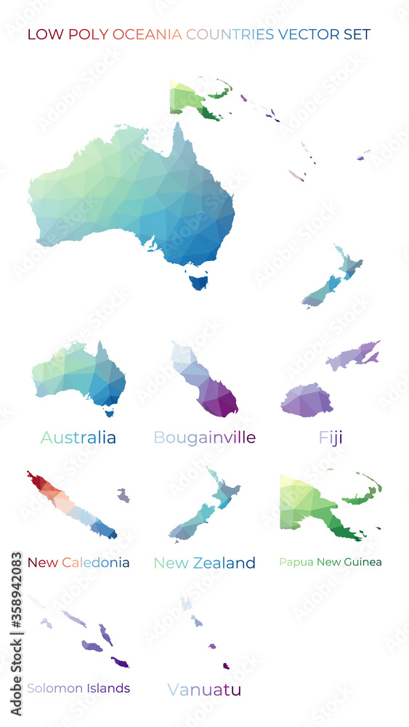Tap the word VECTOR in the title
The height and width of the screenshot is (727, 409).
306,34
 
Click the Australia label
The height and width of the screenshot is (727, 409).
78,438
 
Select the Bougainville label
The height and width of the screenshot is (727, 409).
204,438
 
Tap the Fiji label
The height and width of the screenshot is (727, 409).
330,438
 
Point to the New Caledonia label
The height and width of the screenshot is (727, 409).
78,563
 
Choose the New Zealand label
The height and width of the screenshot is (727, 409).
204,563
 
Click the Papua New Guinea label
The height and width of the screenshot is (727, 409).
330,562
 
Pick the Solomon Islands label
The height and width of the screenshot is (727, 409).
78,688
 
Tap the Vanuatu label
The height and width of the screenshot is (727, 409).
203,689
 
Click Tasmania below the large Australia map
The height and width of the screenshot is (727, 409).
198,280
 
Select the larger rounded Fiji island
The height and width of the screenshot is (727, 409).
307,401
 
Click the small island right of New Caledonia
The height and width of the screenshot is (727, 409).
123,495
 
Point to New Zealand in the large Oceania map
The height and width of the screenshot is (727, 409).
331,280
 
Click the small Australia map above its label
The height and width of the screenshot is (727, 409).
80,374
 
